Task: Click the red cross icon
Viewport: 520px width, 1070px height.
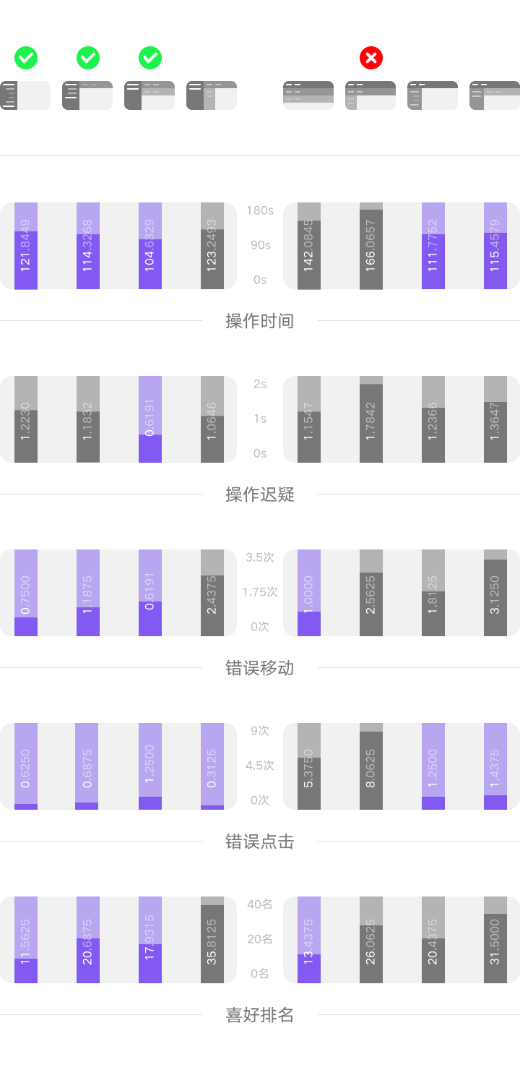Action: click(371, 58)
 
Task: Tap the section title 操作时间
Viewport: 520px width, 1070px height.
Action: click(260, 321)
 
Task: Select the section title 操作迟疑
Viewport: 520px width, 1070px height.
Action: click(260, 495)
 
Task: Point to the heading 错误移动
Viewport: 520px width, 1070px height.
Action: click(260, 668)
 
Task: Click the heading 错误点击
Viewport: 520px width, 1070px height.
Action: click(260, 842)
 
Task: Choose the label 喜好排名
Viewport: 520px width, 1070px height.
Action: click(260, 1015)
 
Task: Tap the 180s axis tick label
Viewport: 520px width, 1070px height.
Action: click(260, 210)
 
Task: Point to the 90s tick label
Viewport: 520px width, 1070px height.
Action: click(260, 245)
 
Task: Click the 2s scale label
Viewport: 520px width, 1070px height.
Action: click(260, 384)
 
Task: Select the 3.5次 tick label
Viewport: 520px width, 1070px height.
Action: click(260, 557)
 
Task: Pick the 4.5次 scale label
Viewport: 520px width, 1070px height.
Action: click(260, 766)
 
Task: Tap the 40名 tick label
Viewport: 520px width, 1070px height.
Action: click(260, 904)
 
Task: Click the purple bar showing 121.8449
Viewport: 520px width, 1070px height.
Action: click(26, 246)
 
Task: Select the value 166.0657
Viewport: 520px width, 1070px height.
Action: click(371, 246)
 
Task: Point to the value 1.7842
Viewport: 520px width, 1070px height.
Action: click(371, 419)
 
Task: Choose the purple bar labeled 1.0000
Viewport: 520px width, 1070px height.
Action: click(309, 593)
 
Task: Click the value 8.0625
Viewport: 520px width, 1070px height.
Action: click(371, 766)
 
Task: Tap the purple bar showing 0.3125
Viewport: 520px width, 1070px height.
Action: click(212, 766)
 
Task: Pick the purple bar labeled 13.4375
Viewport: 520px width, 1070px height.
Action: click(309, 940)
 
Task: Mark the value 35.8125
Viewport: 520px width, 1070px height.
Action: click(212, 940)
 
